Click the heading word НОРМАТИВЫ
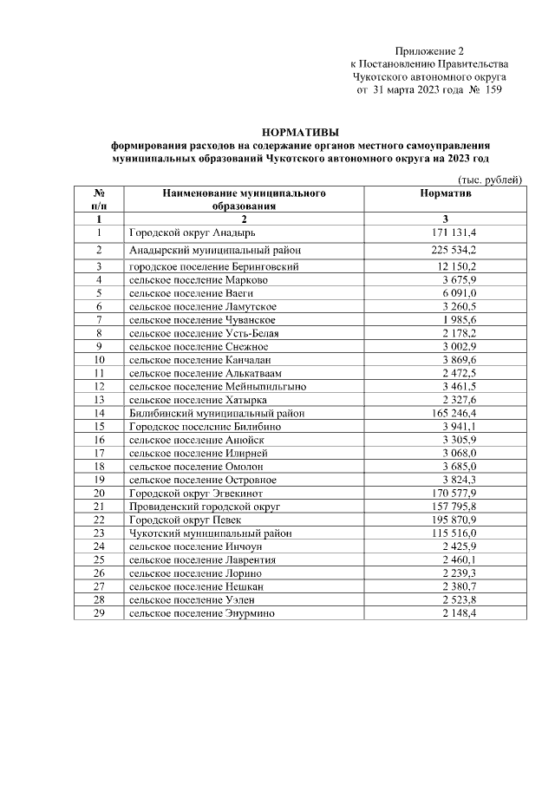click(x=301, y=131)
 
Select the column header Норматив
click(x=445, y=194)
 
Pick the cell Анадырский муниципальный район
click(x=215, y=250)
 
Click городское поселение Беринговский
click(x=214, y=266)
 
